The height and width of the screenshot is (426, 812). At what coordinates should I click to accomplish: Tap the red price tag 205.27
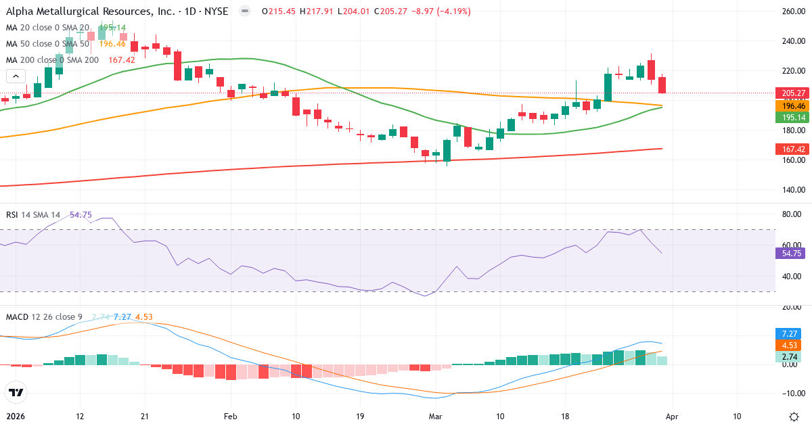click(791, 93)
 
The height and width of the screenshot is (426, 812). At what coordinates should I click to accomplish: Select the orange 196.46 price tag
click(791, 106)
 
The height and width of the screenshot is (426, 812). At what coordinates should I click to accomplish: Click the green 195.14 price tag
click(791, 118)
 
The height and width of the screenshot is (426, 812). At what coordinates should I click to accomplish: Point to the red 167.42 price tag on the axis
click(791, 149)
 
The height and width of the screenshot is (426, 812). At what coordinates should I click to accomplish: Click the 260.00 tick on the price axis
click(791, 11)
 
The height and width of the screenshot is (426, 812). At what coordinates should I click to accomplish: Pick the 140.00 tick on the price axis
click(791, 190)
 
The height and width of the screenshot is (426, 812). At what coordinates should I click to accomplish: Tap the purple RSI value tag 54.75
click(791, 253)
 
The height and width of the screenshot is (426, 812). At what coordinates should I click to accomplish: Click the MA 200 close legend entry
click(52, 60)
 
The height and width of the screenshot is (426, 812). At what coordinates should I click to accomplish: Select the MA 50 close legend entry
click(47, 44)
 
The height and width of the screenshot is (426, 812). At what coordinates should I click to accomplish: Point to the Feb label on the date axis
click(231, 417)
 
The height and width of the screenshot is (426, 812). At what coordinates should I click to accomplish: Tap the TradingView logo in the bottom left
click(16, 392)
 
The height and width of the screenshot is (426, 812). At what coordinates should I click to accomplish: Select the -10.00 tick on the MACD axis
click(791, 394)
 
